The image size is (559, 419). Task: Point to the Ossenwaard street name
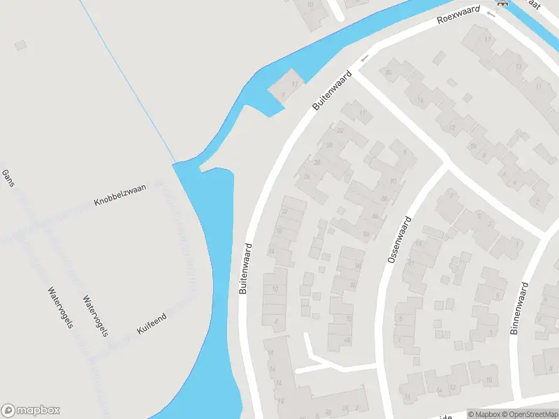pyautogui.click(x=399, y=240)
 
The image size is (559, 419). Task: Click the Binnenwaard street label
pyautogui.click(x=521, y=309)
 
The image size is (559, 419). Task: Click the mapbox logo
pyautogui.click(x=31, y=411)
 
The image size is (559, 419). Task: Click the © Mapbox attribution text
pyautogui.click(x=484, y=414)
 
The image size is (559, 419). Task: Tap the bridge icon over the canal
pyautogui.click(x=502, y=3)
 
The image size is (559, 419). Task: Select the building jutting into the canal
pyautogui.click(x=285, y=89)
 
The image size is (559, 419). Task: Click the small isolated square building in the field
pyautogui.click(x=20, y=45)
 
